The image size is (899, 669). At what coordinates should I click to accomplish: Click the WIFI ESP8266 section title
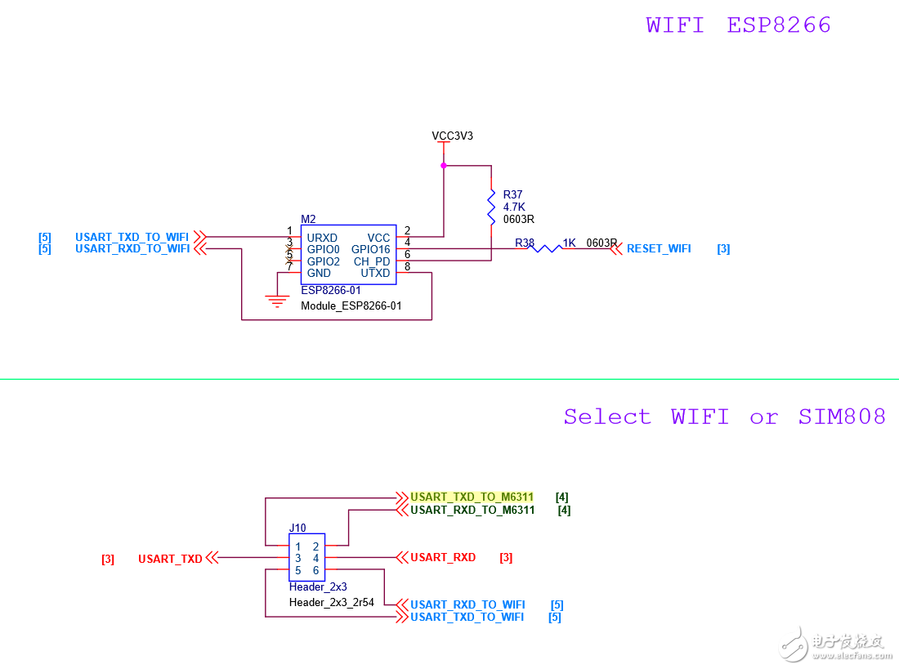(738, 25)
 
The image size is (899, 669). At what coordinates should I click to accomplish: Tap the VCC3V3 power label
(452, 136)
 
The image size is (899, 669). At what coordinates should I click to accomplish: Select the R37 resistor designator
(512, 194)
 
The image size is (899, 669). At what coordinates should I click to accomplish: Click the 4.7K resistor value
(513, 207)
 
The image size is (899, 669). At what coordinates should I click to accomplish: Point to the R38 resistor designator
(524, 243)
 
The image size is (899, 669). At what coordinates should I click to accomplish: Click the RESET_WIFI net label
(658, 248)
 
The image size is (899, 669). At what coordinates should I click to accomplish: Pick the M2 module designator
(308, 219)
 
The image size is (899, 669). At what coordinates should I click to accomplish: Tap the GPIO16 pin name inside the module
(370, 249)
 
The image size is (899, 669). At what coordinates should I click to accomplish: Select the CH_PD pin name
(372, 261)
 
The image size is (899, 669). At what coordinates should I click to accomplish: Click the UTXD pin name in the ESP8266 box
(375, 273)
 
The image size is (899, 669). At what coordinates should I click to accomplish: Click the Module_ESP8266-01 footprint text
(351, 306)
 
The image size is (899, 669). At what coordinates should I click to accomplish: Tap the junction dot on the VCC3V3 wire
(444, 166)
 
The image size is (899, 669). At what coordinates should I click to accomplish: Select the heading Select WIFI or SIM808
(724, 417)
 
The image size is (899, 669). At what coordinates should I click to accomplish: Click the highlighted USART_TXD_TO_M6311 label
(472, 497)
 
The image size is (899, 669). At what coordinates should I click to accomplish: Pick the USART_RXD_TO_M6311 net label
(472, 510)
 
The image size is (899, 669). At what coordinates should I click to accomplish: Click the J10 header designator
(297, 528)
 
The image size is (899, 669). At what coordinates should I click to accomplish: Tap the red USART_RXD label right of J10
(443, 557)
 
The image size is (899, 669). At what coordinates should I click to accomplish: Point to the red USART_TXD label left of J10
(170, 559)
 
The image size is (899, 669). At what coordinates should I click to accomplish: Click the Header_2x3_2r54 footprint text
(331, 602)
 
